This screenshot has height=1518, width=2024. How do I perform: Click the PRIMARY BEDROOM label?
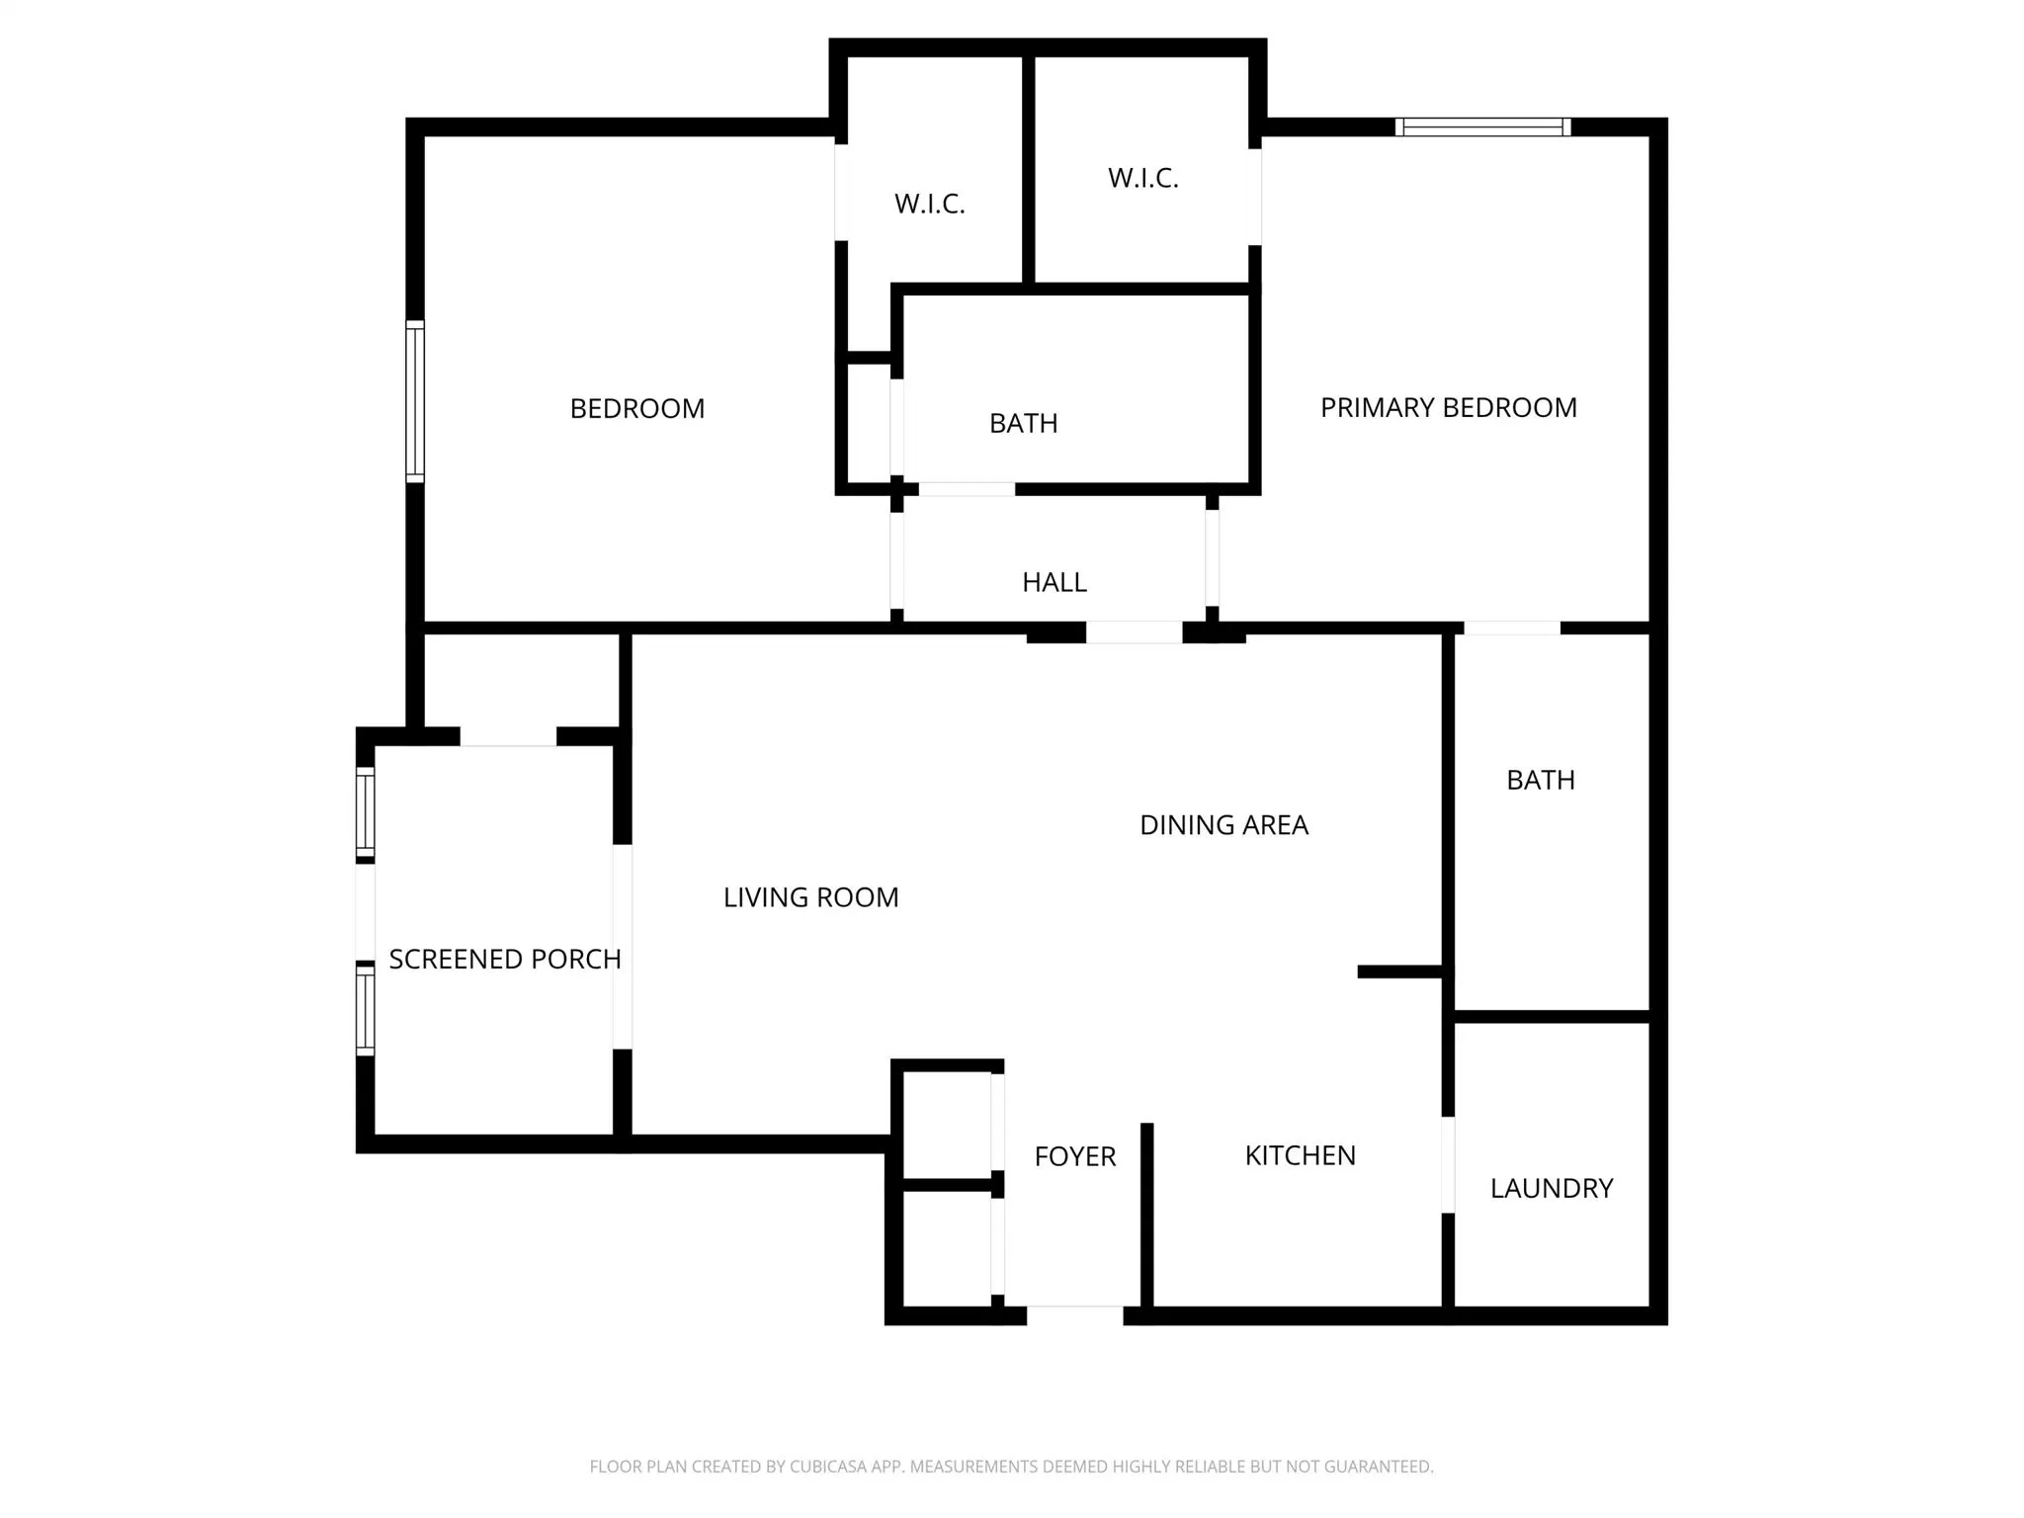click(1448, 407)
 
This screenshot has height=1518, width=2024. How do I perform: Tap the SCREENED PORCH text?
click(504, 959)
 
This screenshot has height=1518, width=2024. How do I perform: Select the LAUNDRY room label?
click(1551, 1188)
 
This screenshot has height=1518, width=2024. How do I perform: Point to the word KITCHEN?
click(1300, 1155)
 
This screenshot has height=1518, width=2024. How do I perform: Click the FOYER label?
click(1074, 1156)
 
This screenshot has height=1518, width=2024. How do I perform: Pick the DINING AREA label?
click(1223, 825)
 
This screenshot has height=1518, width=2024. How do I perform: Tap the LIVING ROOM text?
click(810, 897)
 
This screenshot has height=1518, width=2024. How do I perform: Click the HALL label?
click(1054, 582)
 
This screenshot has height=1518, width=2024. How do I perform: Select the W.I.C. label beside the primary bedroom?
click(1142, 178)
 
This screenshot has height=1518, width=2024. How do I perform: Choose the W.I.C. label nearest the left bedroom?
click(929, 204)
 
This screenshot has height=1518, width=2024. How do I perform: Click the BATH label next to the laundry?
click(1540, 780)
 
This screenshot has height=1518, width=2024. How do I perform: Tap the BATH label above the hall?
click(1023, 423)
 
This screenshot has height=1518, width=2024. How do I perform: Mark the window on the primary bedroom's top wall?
click(1482, 126)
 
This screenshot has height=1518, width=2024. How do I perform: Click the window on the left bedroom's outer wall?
click(415, 401)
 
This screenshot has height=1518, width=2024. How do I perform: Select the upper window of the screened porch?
click(365, 812)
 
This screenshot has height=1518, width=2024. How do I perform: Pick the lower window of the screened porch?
click(365, 1010)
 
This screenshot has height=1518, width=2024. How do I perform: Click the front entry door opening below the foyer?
click(1074, 1314)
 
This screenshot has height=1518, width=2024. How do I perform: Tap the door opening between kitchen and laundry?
click(1448, 1164)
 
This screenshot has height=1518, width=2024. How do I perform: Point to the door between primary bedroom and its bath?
click(1511, 628)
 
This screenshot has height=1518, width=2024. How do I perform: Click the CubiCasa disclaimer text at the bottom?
click(1011, 1467)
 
